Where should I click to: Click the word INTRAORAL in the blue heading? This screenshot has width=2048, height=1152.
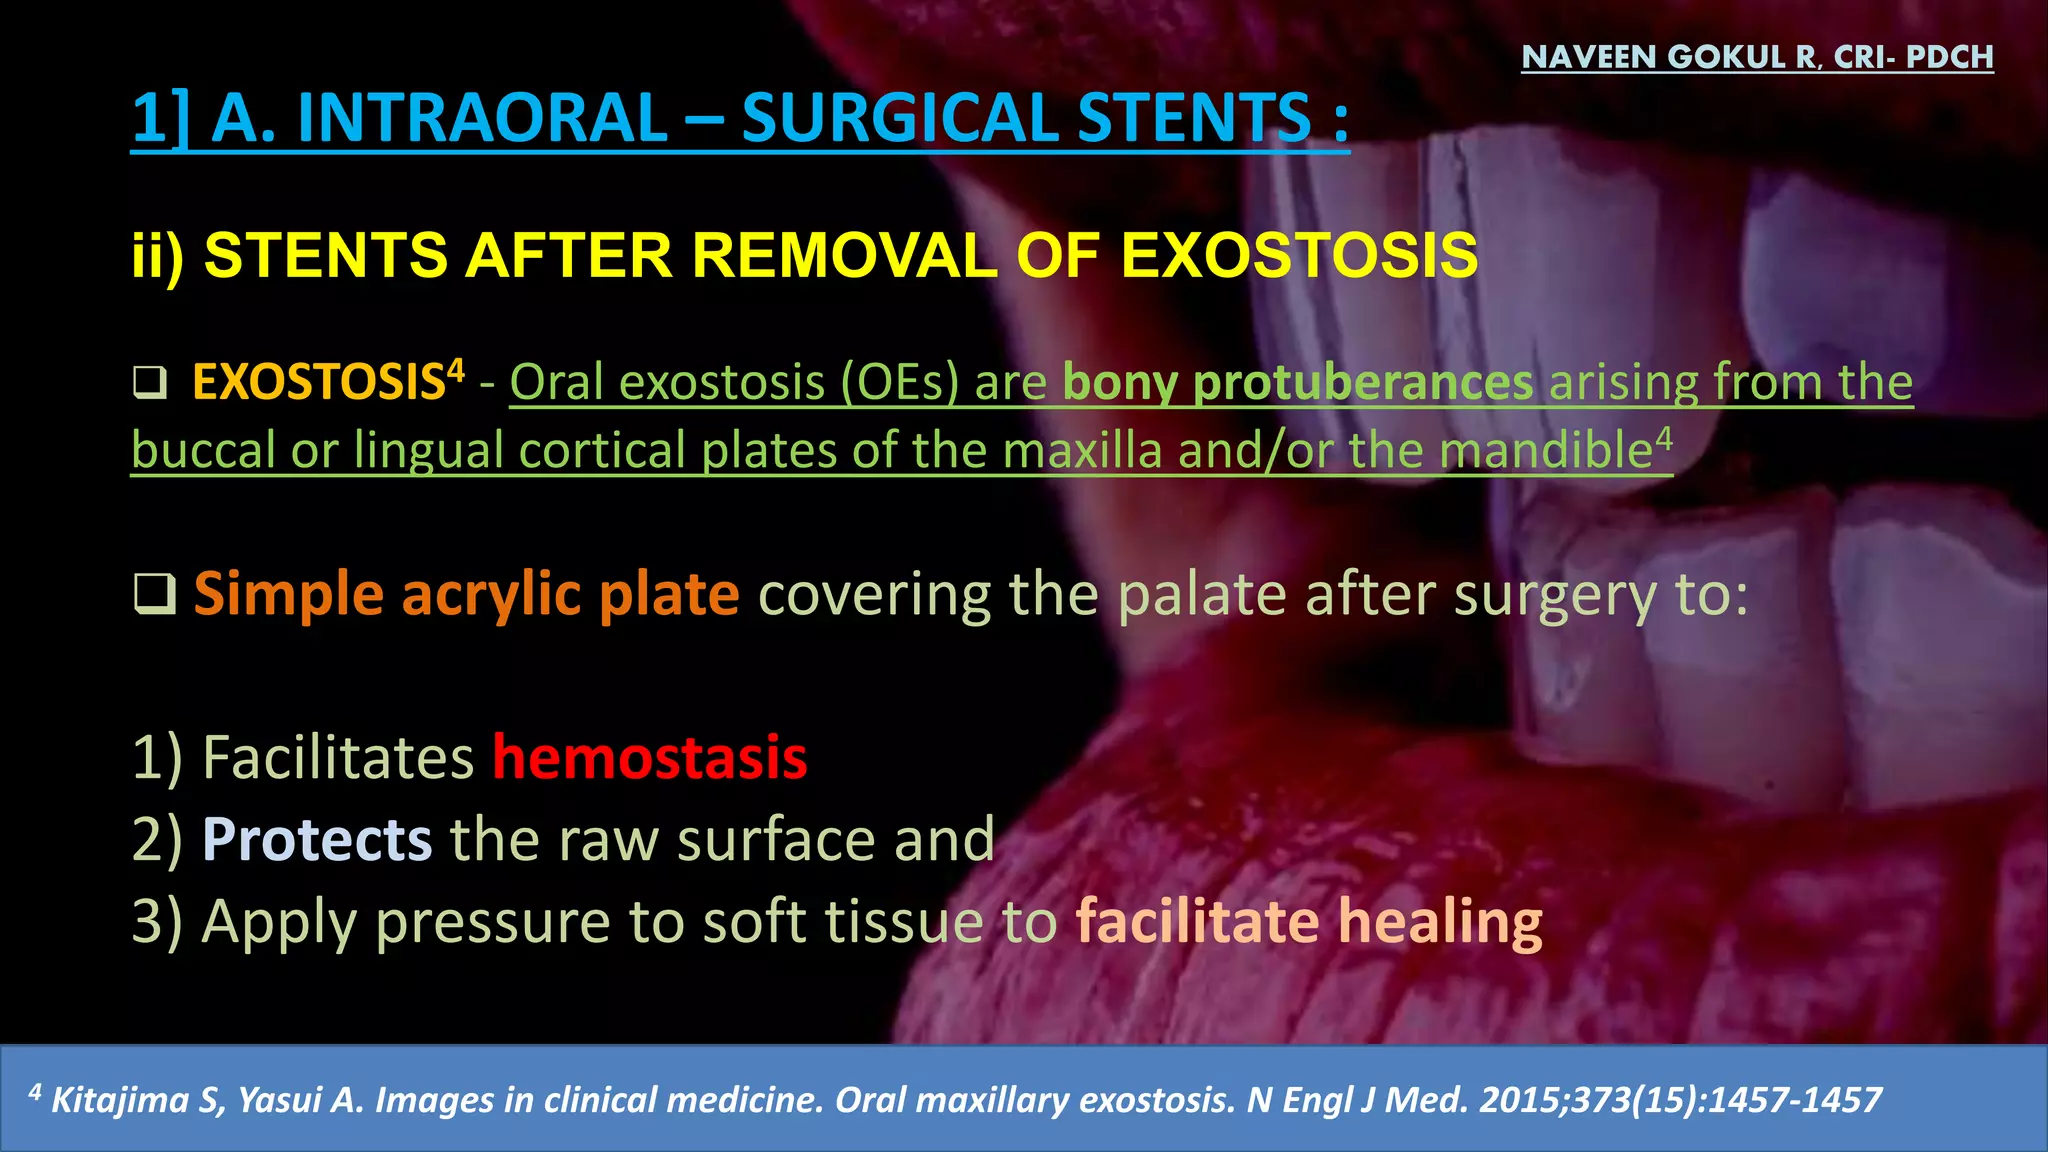482,118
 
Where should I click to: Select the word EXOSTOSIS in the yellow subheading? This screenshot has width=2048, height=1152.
1299,255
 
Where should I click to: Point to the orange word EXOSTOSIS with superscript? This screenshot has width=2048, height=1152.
318,383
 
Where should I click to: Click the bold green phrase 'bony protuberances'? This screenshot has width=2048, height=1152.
1297,383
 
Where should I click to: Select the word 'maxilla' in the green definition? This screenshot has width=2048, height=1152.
1082,450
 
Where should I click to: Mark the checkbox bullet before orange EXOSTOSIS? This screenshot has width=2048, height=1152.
150,383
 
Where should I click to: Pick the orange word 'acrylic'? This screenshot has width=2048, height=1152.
491,594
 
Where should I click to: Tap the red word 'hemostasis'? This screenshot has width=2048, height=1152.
649,757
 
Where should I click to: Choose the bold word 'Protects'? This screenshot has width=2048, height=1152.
317,839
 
